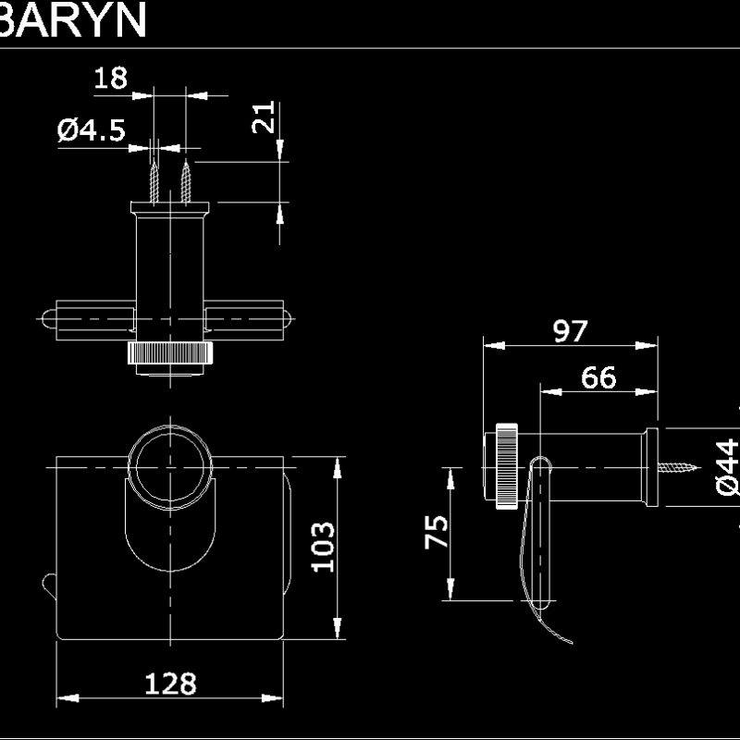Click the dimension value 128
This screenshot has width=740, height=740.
(x=170, y=684)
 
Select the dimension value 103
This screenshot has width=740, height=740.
(x=321, y=547)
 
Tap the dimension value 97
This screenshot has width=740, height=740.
(x=571, y=330)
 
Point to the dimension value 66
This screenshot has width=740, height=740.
(x=598, y=377)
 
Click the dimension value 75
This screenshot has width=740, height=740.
(x=437, y=532)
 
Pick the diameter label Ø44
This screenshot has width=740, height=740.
(x=726, y=468)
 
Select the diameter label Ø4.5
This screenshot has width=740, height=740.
(x=91, y=130)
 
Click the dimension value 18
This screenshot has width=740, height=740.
(x=110, y=78)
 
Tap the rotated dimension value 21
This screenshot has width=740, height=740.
(x=265, y=118)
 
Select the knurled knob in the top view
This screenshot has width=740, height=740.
(x=171, y=354)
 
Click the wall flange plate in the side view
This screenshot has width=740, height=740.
(x=651, y=467)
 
